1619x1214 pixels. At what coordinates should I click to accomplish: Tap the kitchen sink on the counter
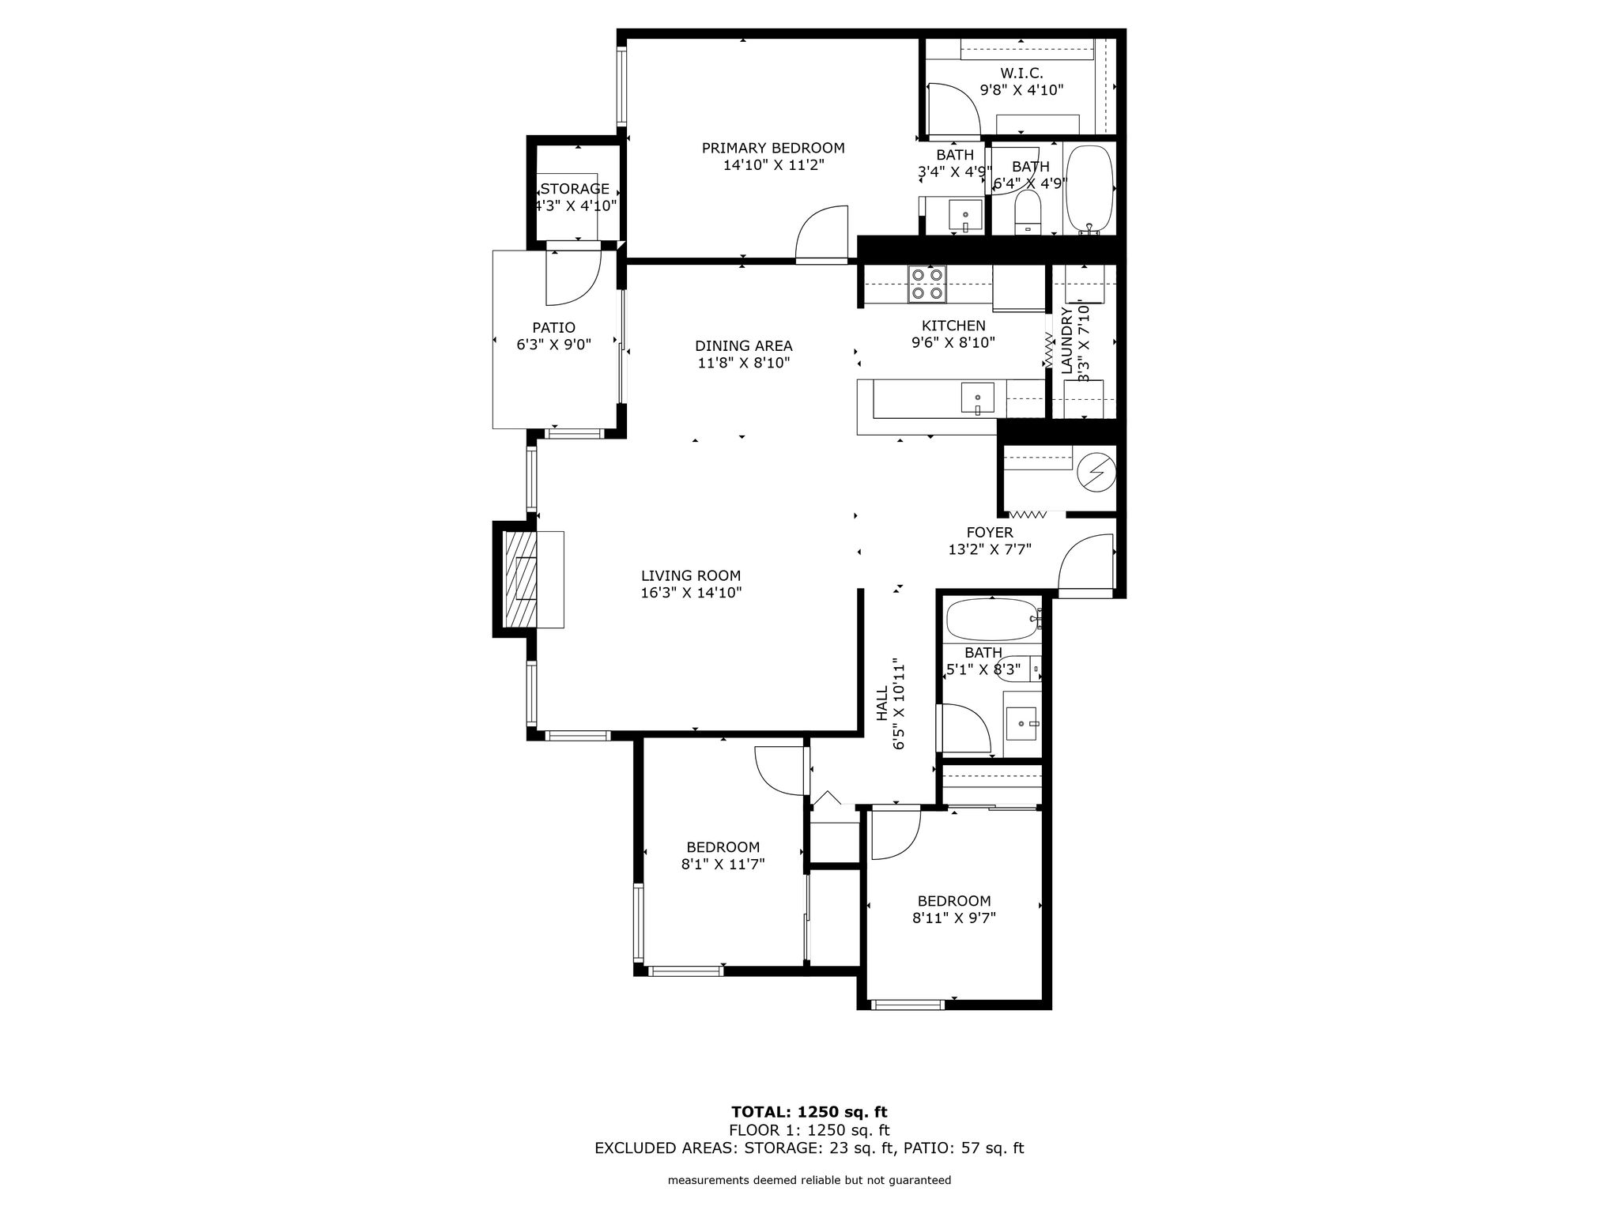pos(978,398)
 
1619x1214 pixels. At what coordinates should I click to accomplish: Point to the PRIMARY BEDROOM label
pos(773,148)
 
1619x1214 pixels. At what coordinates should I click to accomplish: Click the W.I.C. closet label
pos(1021,73)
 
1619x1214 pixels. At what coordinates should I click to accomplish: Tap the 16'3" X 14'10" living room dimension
pos(691,593)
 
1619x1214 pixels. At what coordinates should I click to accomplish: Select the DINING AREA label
pos(743,345)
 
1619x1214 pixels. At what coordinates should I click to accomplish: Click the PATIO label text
pos(553,327)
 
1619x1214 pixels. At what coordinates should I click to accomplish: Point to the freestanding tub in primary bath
pos(1089,188)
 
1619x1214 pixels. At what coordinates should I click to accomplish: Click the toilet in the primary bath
pos(1028,212)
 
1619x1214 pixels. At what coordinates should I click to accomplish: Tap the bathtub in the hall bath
pos(993,620)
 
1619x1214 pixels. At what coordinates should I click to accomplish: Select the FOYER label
pos(990,533)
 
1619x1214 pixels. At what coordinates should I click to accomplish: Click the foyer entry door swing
pos(1086,563)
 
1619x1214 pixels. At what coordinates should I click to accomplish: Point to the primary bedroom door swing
pos(821,234)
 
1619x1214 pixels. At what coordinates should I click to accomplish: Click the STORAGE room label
pos(575,189)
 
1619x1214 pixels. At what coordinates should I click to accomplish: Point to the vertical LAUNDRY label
pos(1067,341)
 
